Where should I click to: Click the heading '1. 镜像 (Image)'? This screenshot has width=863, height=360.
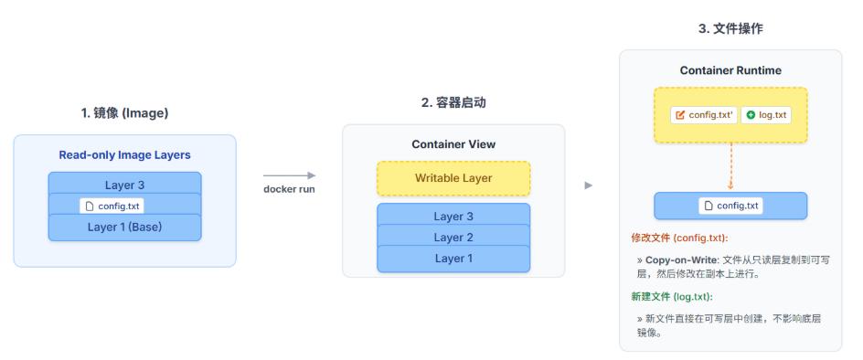click(124, 113)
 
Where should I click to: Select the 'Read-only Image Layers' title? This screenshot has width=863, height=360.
click(124, 155)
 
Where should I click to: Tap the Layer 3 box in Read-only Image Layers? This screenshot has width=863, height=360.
click(124, 184)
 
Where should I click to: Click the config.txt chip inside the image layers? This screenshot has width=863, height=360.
click(112, 206)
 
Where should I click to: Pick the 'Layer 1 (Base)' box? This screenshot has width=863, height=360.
click(124, 227)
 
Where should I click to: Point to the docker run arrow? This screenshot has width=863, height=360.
click(289, 175)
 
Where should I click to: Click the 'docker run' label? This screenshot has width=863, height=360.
click(289, 189)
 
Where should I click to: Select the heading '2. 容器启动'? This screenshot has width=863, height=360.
click(453, 103)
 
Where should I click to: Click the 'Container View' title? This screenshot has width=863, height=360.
click(453, 144)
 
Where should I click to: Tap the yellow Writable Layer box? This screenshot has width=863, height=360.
click(453, 178)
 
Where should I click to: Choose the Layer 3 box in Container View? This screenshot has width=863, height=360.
click(453, 216)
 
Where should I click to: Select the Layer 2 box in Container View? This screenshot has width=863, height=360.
click(453, 237)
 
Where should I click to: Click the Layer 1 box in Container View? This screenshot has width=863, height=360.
click(453, 259)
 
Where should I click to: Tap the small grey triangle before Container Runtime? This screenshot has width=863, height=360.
click(589, 185)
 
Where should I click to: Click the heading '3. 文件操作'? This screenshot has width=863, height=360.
click(730, 29)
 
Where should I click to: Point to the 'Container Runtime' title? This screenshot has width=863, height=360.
click(730, 70)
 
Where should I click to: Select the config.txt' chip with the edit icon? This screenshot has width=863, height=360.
click(703, 115)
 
